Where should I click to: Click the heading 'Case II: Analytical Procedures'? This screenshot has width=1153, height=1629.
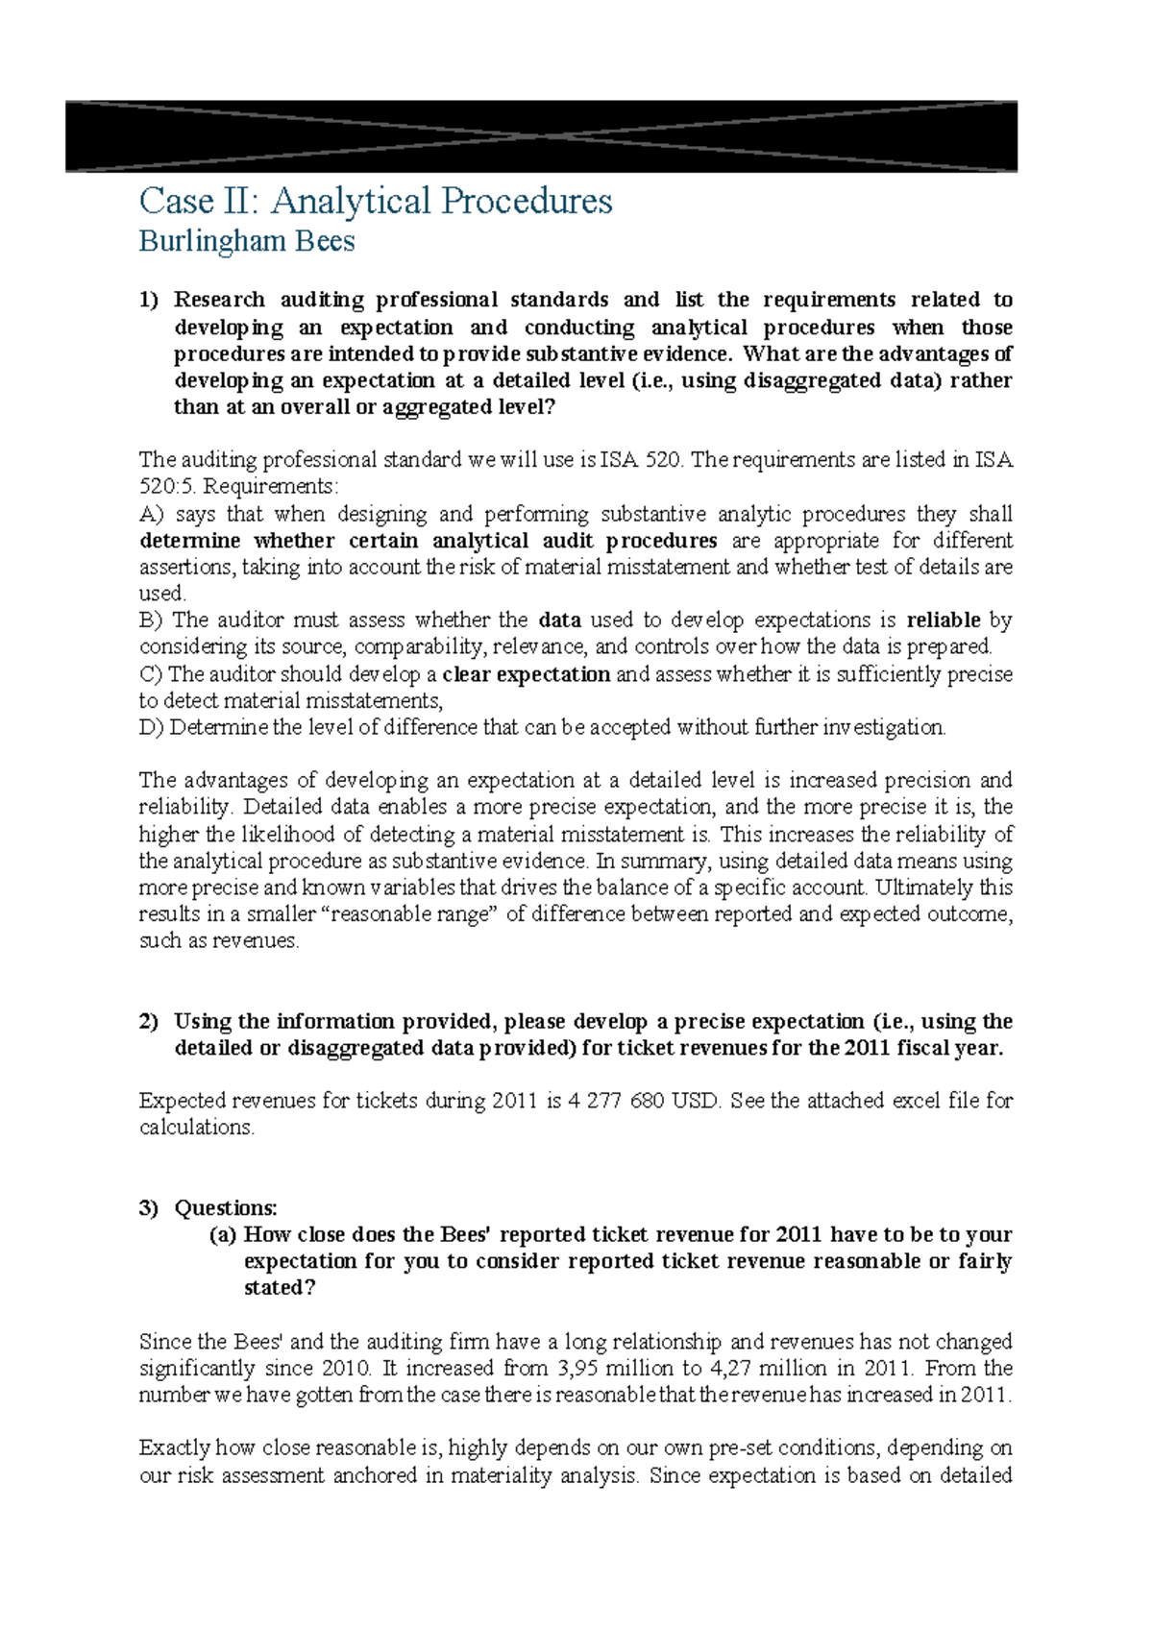[x=375, y=201]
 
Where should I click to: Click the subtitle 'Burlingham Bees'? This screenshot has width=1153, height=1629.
[x=247, y=241]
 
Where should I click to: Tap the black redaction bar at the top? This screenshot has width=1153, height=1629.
[x=541, y=136]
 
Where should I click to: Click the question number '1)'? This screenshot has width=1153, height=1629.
[x=149, y=300]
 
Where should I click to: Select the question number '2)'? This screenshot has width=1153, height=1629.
[x=149, y=1021]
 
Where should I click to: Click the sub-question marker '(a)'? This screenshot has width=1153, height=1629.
[x=222, y=1234]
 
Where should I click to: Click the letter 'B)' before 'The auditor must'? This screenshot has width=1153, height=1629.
[x=151, y=620]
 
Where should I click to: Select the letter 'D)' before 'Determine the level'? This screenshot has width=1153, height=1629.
[x=152, y=727]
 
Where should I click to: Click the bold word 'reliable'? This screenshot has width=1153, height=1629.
[x=944, y=620]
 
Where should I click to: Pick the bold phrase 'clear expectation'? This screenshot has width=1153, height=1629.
[x=527, y=674]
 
